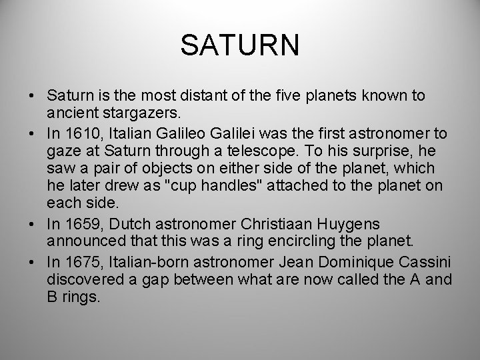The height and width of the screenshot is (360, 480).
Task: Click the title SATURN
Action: point(240,47)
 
